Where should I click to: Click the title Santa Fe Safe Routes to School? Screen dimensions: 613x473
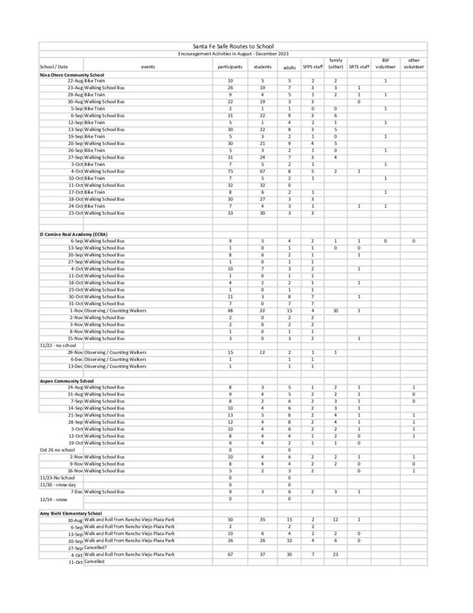click(233, 46)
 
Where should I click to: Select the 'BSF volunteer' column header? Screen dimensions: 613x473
click(385, 63)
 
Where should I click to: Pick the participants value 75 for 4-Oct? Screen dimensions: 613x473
click(230, 172)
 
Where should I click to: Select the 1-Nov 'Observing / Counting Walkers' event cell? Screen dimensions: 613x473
click(115, 311)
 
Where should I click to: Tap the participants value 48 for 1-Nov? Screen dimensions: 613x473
click(230, 311)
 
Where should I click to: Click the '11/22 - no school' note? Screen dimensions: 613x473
click(56, 345)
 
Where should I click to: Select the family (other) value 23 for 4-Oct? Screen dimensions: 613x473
click(335, 554)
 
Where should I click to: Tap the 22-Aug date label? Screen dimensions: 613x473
click(75, 81)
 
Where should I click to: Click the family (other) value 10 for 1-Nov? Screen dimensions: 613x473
click(335, 311)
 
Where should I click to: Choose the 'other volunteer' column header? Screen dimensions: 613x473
click(413, 63)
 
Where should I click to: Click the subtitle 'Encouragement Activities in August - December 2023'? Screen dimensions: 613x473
click(233, 54)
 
